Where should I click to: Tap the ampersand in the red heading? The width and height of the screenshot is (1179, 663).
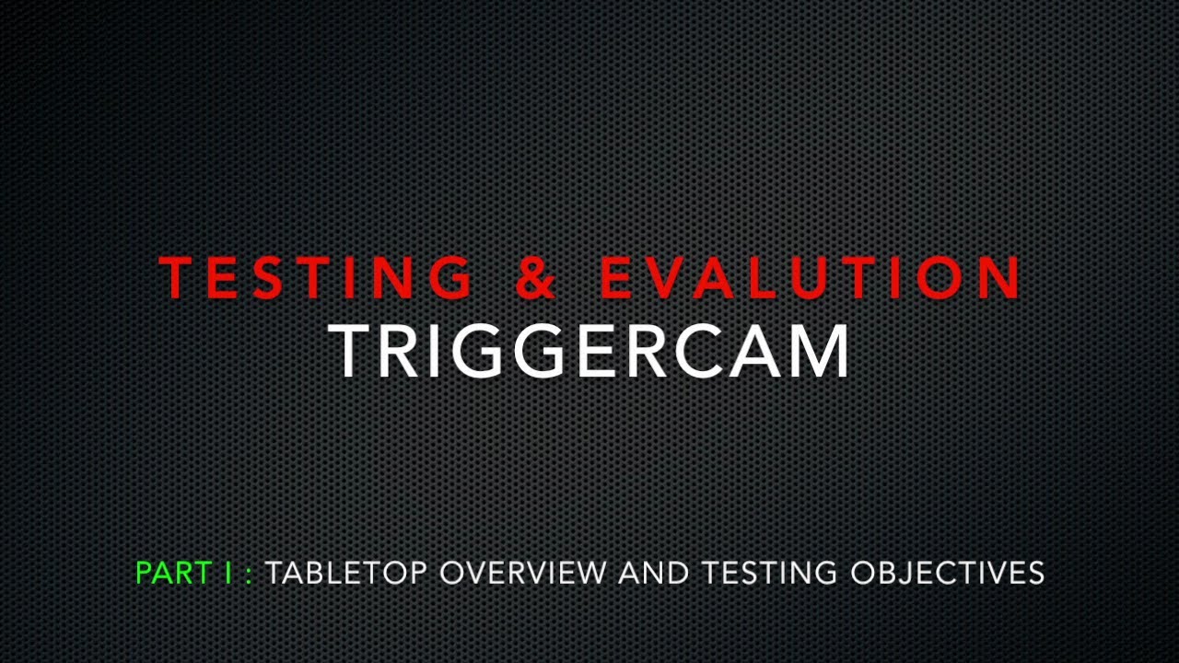(536, 277)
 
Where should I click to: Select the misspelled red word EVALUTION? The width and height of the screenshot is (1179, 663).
(811, 277)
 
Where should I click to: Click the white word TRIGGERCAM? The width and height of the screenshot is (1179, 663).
(589, 351)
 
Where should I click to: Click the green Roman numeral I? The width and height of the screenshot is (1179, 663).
(228, 573)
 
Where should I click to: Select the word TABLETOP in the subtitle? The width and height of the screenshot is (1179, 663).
(346, 573)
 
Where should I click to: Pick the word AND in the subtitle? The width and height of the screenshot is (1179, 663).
(653, 573)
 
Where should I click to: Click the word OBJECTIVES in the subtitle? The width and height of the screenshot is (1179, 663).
(947, 573)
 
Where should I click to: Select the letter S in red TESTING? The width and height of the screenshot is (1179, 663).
(267, 277)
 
